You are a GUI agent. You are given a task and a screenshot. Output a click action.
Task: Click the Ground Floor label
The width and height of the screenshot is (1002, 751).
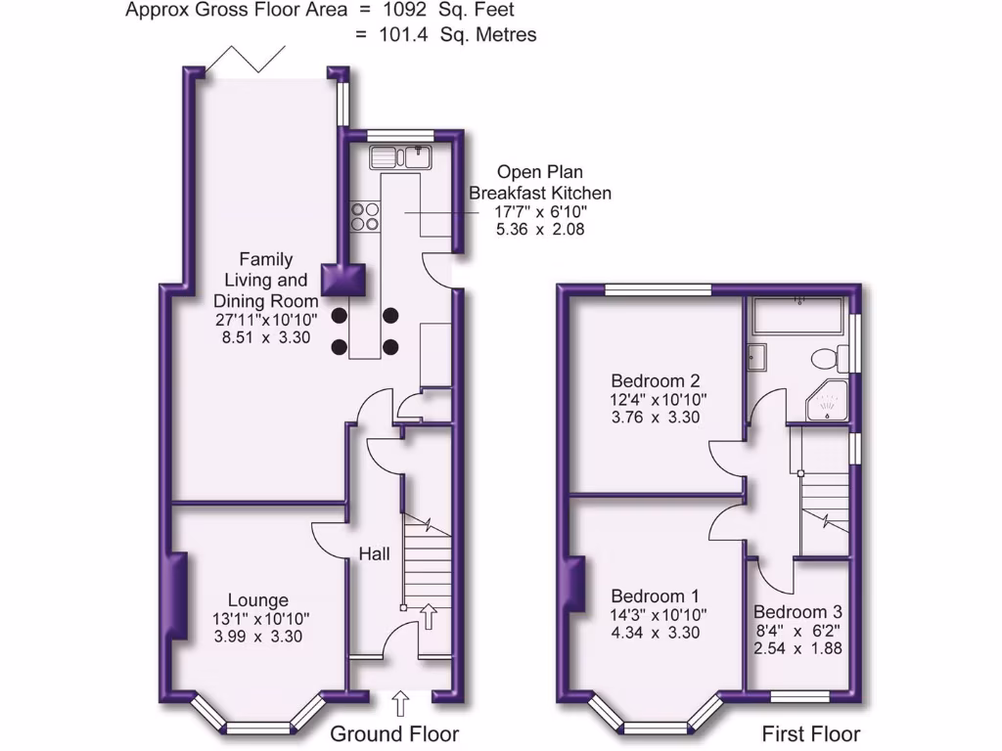(394, 733)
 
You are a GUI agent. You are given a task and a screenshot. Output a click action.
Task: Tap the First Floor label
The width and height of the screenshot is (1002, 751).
(811, 733)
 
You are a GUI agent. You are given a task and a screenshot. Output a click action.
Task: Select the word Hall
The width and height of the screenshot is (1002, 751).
(374, 554)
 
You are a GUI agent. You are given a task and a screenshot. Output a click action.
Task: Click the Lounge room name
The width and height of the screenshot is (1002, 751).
(258, 600)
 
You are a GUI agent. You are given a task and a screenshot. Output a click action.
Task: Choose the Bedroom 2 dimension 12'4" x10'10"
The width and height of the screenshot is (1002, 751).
(659, 399)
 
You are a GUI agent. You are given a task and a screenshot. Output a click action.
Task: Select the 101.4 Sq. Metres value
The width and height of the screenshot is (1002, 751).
(445, 35)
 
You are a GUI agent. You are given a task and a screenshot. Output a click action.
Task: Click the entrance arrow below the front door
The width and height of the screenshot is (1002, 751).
(399, 702)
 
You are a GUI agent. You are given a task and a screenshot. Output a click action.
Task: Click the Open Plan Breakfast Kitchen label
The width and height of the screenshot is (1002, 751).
(540, 181)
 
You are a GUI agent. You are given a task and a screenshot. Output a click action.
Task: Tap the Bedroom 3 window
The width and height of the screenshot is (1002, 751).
(800, 696)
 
